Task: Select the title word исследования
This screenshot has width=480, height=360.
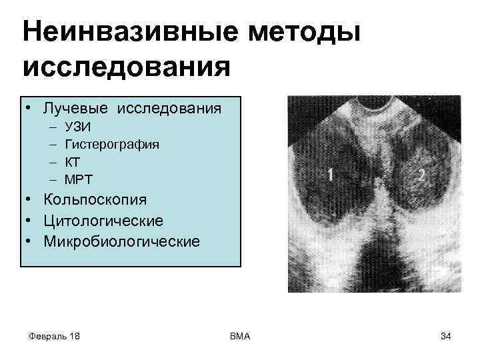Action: (x=127, y=67)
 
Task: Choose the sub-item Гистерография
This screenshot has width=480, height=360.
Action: (x=111, y=144)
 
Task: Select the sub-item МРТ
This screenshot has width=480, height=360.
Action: (x=79, y=179)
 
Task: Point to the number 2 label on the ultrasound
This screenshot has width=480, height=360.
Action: (x=421, y=175)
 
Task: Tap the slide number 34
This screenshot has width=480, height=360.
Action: (x=446, y=336)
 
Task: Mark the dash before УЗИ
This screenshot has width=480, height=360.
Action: (x=52, y=127)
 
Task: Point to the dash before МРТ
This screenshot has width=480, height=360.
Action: (x=52, y=179)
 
